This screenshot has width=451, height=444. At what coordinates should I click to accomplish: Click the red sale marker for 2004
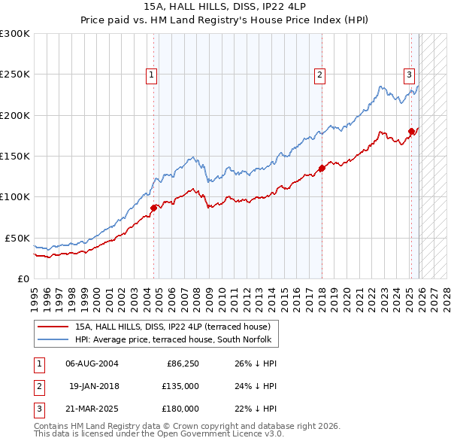coord(153,208)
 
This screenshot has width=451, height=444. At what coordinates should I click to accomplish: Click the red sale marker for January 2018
coord(322,168)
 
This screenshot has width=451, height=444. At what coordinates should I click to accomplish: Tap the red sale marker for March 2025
coord(411,131)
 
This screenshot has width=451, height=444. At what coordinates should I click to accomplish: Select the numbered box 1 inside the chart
coord(152,75)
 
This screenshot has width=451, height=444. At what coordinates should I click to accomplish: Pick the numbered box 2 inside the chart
coord(320,75)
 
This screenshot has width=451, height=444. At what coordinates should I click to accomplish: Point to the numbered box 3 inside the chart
coord(410,75)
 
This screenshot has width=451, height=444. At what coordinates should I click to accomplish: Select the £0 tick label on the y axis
coord(23,278)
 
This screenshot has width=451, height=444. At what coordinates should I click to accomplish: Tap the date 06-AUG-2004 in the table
coord(92,364)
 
